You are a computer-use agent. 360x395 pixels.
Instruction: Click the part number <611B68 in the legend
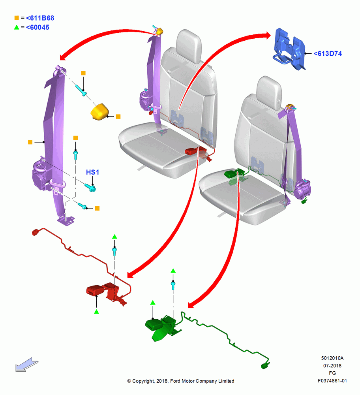pyautogui.click(x=40, y=18)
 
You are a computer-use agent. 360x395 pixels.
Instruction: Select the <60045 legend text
pyautogui.click(x=37, y=28)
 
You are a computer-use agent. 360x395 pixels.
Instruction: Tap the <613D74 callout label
pyautogui.click(x=328, y=54)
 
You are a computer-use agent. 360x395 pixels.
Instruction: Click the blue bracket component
pyautogui.click(x=289, y=49)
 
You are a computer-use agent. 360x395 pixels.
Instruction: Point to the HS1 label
pyautogui.click(x=92, y=172)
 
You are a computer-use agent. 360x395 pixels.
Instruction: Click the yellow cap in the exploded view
pyautogui.click(x=99, y=112)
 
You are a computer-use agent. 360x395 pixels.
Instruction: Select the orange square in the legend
pyautogui.click(x=17, y=18)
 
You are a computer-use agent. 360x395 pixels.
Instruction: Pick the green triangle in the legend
pyautogui.click(x=17, y=27)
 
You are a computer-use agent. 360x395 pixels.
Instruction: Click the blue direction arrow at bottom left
pyautogui.click(x=26, y=365)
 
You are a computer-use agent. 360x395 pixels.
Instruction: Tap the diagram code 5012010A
pyautogui.click(x=332, y=358)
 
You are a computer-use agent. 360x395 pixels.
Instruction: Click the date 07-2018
pyautogui.click(x=332, y=366)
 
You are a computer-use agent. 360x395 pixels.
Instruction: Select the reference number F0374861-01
pyautogui.click(x=332, y=381)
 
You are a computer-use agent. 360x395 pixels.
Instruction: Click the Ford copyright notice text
pyautogui.click(x=181, y=381)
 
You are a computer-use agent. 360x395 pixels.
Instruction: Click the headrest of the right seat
pyautogui.click(x=269, y=92)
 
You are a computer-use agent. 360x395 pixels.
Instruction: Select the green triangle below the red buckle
pyautogui.click(x=96, y=312)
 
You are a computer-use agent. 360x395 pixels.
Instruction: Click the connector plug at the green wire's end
pyautogui.click(x=265, y=366)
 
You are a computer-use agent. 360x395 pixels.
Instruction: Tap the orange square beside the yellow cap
pyautogui.click(x=118, y=117)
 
